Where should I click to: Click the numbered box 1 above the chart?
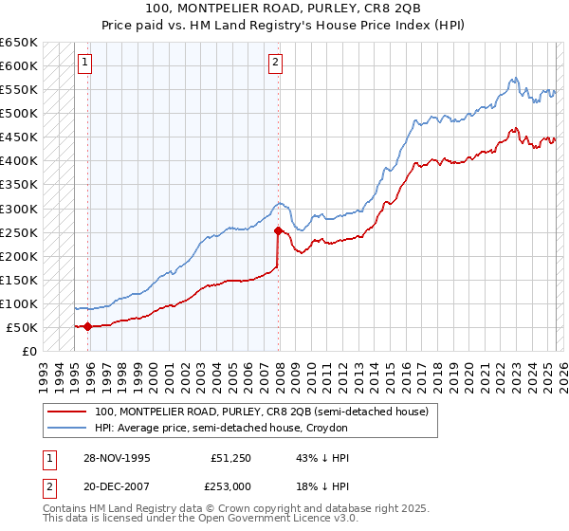tap(84, 64)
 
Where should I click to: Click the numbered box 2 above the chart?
tap(274, 64)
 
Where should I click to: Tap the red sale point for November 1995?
tap(88, 327)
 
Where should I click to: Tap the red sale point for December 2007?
tap(278, 230)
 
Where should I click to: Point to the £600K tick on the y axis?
tap(18, 66)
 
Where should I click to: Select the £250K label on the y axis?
tap(18, 232)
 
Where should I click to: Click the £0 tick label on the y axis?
tap(28, 352)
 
